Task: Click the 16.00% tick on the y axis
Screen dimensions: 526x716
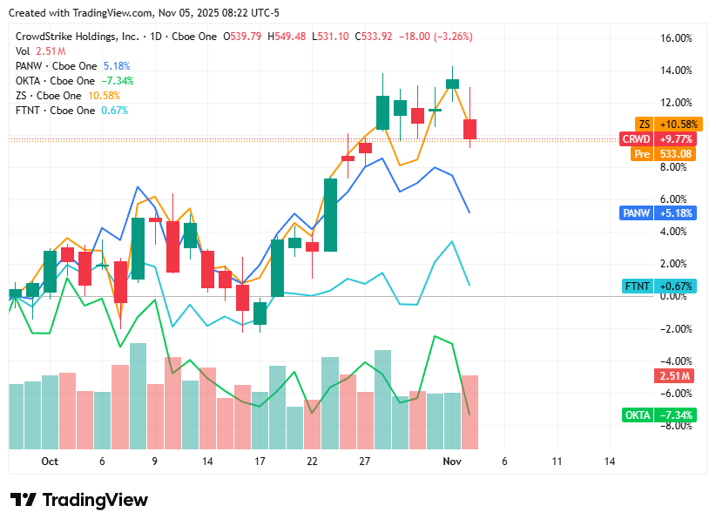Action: coord(677,38)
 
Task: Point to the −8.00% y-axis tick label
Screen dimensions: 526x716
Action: coord(675,426)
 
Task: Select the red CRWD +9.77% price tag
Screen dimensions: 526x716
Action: coord(657,139)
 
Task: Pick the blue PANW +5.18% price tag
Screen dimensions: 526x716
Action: coord(657,212)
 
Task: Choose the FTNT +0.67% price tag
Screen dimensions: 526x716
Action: coord(659,286)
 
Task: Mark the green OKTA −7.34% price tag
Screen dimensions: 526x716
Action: coord(659,415)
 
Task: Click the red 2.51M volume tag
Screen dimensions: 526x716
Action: coord(674,376)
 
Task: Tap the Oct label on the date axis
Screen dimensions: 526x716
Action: coord(50,462)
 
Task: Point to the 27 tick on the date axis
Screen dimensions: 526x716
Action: coord(365,462)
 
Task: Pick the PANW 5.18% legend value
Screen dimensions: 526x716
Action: coord(116,65)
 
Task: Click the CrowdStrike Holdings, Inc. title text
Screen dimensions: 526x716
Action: coord(77,37)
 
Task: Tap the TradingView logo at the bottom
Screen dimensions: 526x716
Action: coord(79,500)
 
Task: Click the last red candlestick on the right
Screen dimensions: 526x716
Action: coord(469,129)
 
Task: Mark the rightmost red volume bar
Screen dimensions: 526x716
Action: coord(469,412)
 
